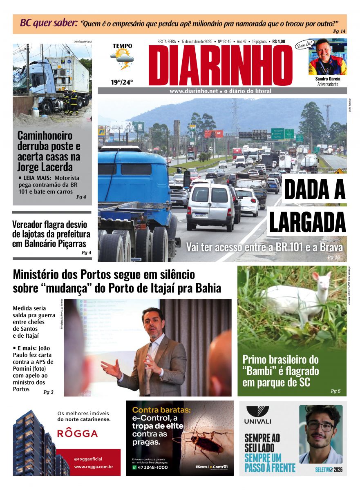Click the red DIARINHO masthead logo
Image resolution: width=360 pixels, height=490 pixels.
point(220,65)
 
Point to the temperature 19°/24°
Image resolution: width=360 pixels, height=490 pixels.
point(122,82)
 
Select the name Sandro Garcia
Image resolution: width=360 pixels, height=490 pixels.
point(327,78)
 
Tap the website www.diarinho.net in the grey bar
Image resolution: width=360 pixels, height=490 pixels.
point(194,91)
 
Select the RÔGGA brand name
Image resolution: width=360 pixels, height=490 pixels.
point(77,433)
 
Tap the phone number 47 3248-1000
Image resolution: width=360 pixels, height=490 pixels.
point(152,467)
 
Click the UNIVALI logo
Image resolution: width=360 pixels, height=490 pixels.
point(258,415)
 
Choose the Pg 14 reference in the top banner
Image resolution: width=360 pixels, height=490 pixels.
point(339,31)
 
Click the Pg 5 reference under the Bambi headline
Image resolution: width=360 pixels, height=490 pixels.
point(335,391)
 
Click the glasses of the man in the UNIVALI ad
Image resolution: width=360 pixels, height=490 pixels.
point(320,427)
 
